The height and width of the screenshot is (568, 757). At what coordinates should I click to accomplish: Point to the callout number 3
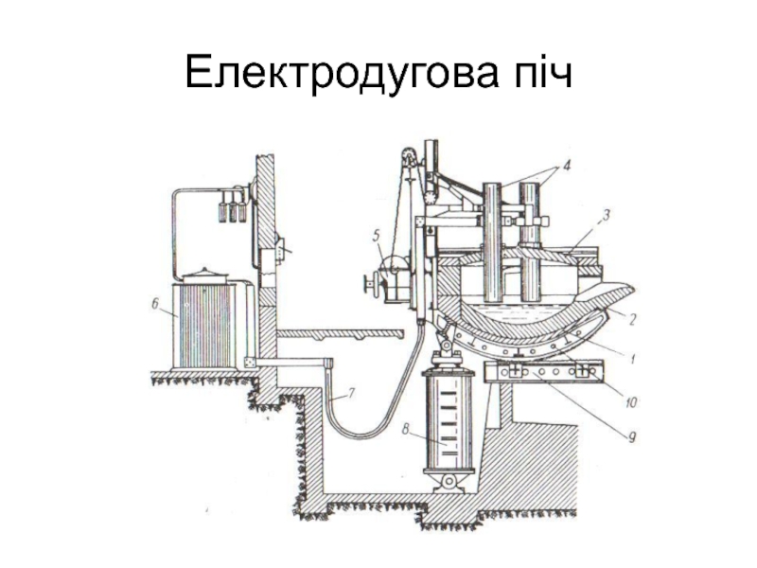(608, 216)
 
